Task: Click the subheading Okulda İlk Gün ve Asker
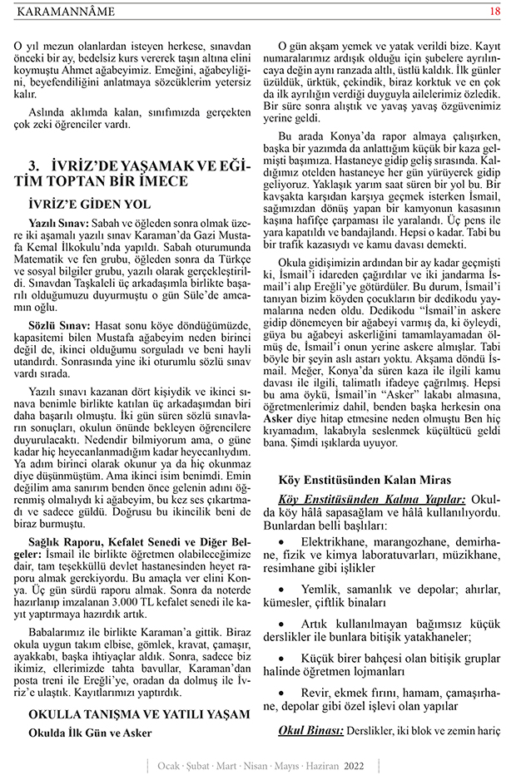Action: click(90, 733)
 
